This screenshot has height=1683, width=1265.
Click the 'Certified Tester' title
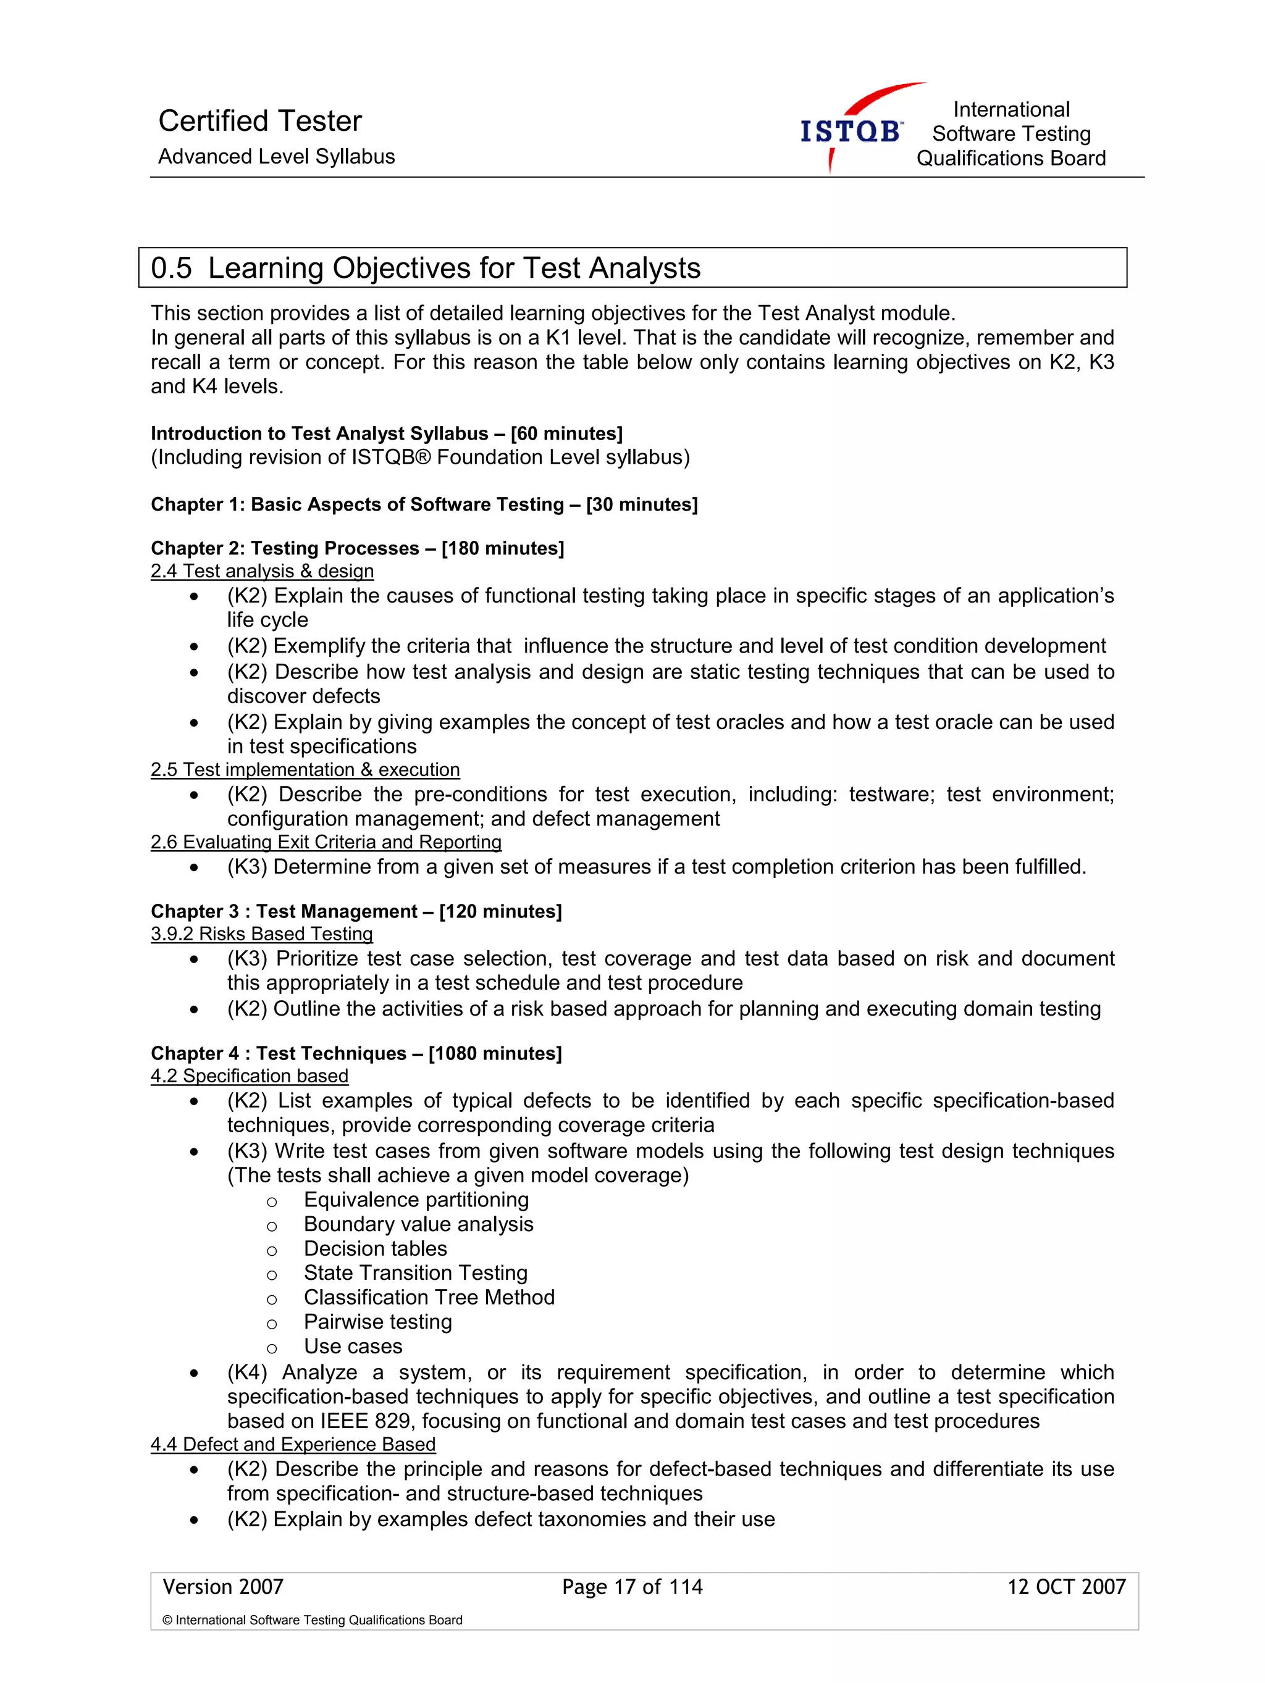pyautogui.click(x=259, y=121)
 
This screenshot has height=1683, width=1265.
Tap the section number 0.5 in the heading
pyautogui.click(x=171, y=269)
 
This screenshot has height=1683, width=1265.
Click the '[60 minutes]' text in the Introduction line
pyautogui.click(x=566, y=433)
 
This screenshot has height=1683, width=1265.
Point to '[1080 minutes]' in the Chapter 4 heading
pyautogui.click(x=495, y=1053)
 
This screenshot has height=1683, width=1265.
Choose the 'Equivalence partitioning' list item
pyautogui.click(x=416, y=1200)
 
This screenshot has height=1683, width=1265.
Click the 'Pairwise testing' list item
pyautogui.click(x=377, y=1322)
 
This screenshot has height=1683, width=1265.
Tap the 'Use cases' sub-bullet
pyautogui.click(x=353, y=1346)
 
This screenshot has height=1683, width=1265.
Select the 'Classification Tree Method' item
pyautogui.click(x=429, y=1297)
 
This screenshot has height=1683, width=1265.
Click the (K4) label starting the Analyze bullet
pyautogui.click(x=246, y=1372)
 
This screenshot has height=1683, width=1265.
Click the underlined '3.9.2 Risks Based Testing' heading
pyautogui.click(x=261, y=933)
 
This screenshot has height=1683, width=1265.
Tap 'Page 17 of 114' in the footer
pyautogui.click(x=632, y=1587)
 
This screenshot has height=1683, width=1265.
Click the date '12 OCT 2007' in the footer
pyautogui.click(x=1065, y=1587)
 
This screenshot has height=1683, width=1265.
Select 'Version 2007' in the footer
pyautogui.click(x=223, y=1587)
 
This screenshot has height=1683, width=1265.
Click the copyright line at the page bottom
pyautogui.click(x=312, y=1620)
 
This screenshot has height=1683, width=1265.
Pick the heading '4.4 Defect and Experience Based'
pyautogui.click(x=292, y=1444)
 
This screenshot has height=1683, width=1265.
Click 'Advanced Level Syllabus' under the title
pyautogui.click(x=276, y=157)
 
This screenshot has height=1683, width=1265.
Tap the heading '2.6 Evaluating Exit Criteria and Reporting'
pyautogui.click(x=326, y=842)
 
